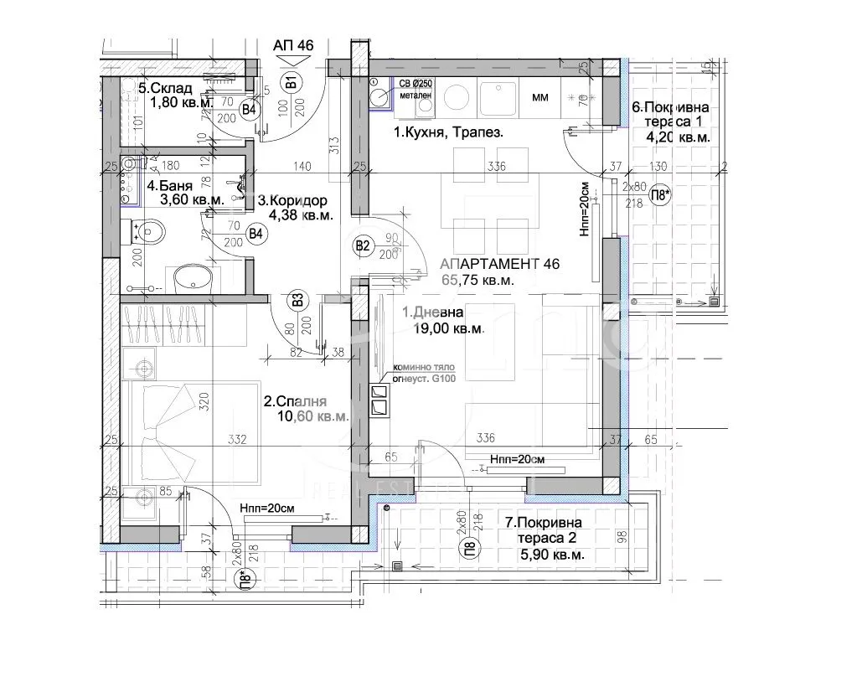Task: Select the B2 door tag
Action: [x=363, y=245]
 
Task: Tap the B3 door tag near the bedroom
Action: [x=296, y=300]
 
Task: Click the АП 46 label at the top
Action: [x=293, y=46]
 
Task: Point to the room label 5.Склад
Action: [x=165, y=88]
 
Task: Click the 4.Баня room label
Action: [x=170, y=186]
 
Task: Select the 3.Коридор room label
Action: [x=292, y=201]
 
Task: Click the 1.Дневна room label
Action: [x=432, y=312]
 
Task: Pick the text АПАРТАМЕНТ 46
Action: [x=500, y=264]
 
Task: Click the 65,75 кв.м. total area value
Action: [x=477, y=281]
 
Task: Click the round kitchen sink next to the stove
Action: [x=457, y=97]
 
